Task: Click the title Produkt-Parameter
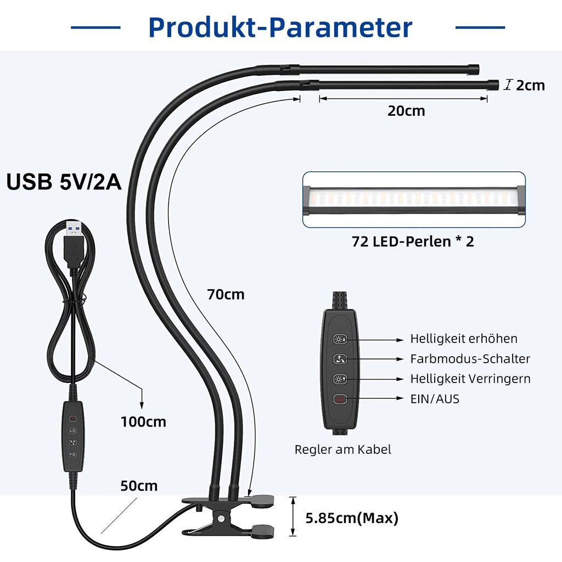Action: (x=280, y=27)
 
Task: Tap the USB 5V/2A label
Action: (x=64, y=182)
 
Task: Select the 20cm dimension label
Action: (x=406, y=110)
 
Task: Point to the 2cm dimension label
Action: (x=530, y=85)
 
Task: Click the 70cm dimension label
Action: (x=226, y=294)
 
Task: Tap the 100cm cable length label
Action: (x=143, y=421)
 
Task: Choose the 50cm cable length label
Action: (x=139, y=486)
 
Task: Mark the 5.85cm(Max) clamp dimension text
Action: (x=352, y=518)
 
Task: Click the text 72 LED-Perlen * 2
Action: (x=413, y=241)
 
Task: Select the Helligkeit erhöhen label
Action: (x=464, y=339)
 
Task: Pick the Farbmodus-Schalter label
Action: (x=470, y=359)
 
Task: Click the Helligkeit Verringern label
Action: (x=470, y=379)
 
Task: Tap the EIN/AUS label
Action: (x=435, y=398)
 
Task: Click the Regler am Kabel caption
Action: (x=343, y=449)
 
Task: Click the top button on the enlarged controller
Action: (x=340, y=339)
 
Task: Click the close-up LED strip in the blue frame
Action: (x=413, y=199)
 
